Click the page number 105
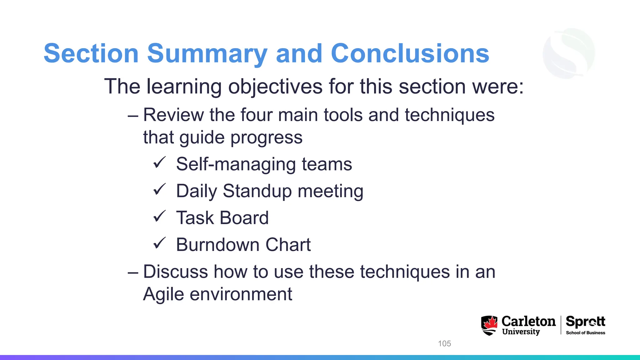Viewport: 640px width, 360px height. pyautogui.click(x=444, y=343)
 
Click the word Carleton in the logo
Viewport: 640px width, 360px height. pyautogui.click(x=528, y=321)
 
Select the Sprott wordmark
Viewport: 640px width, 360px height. pyautogui.click(x=585, y=322)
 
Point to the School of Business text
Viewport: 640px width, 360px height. pyautogui.click(x=585, y=333)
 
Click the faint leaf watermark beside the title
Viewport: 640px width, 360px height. pyautogui.click(x=569, y=53)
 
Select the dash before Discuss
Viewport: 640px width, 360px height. pyautogui.click(x=133, y=272)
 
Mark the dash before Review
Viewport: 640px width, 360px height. pyautogui.click(x=133, y=115)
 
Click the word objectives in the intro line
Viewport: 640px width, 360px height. pyautogui.click(x=275, y=87)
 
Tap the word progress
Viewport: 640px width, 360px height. pyautogui.click(x=266, y=138)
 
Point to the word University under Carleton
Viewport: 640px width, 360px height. pyautogui.click(x=521, y=332)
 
